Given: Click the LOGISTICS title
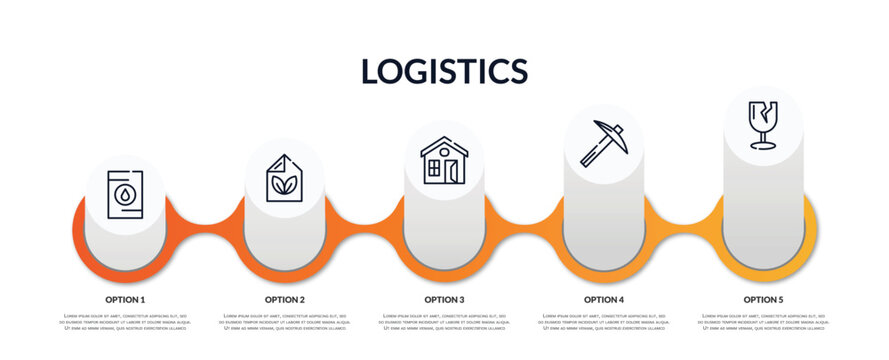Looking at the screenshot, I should (444, 71).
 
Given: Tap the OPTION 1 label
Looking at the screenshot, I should (125, 299).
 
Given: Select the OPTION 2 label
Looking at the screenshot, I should (285, 299).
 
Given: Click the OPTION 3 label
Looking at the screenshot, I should (444, 299).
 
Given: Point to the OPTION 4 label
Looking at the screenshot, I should (604, 299).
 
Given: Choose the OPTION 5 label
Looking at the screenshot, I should (763, 299).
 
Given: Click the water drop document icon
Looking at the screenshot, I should (125, 194).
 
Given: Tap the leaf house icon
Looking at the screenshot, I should (285, 178).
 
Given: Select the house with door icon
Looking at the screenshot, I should (444, 161).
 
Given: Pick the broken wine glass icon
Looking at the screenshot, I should (763, 124).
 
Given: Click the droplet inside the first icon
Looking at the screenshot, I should (125, 195).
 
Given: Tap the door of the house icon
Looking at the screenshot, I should (453, 170).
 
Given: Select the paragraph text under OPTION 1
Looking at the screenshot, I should (125, 323).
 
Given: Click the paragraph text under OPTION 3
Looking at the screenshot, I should (444, 323).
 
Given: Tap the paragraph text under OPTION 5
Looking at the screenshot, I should (763, 323).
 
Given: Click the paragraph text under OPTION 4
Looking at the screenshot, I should (604, 323).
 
